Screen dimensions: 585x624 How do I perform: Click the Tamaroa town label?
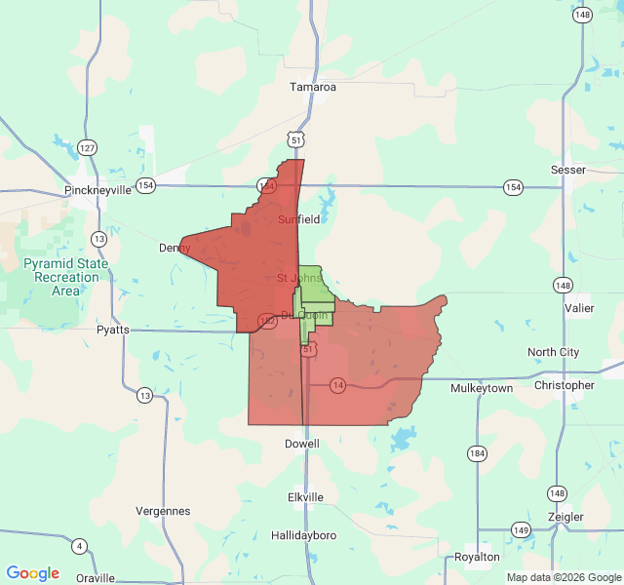[312, 87]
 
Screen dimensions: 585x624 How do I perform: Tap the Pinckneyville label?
[97, 190]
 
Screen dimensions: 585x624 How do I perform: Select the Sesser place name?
[568, 170]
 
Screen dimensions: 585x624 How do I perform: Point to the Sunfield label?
[298, 219]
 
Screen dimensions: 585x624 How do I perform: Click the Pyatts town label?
[112, 330]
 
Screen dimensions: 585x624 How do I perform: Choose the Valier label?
[578, 308]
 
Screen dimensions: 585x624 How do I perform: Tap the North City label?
[553, 352]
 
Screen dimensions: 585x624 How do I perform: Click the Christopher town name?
[564, 385]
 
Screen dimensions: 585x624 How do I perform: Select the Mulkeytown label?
[482, 388]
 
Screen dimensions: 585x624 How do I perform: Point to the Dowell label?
[301, 444]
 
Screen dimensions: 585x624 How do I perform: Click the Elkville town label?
[305, 497]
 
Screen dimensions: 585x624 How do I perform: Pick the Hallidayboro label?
[303, 536]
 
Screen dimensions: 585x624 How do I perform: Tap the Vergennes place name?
[162, 511]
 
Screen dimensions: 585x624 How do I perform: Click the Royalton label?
[477, 557]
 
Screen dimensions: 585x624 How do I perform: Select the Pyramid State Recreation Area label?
[66, 277]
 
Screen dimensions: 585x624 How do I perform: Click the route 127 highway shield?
[88, 148]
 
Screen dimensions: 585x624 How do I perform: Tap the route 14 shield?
[337, 384]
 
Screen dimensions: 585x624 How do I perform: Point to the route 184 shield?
[477, 453]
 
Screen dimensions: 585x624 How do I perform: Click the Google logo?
[32, 573]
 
